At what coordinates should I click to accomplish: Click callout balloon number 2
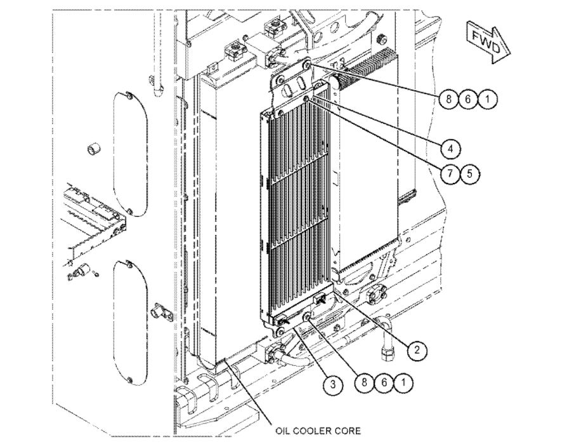[x=417, y=349]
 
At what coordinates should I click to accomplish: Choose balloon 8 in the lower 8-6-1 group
[x=363, y=382]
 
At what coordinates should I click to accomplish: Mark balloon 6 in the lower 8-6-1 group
[x=382, y=382]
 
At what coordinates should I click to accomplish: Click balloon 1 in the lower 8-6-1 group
[x=402, y=382]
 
